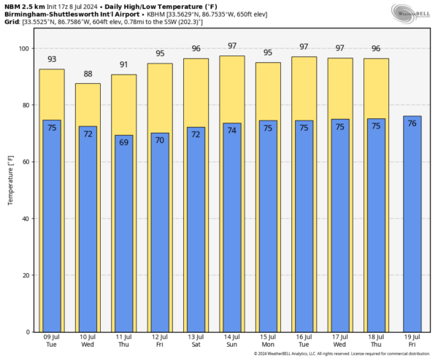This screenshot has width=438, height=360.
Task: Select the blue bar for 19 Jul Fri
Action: pos(412,226)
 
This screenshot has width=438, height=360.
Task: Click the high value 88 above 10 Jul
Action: pos(88,74)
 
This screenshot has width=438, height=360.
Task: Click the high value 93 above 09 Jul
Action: pos(52,60)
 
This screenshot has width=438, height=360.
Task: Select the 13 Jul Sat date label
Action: pos(196,342)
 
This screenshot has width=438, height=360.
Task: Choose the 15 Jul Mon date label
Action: pos(267,342)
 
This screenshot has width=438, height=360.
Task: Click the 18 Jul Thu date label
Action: pos(375,342)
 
